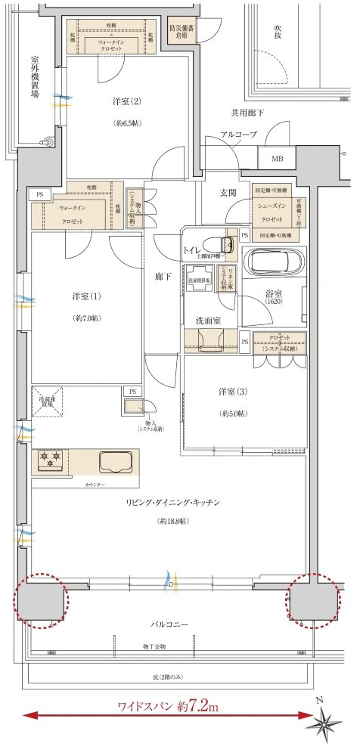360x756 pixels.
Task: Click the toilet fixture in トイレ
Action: (224, 245)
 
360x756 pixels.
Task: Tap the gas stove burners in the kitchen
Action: (51, 458)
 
